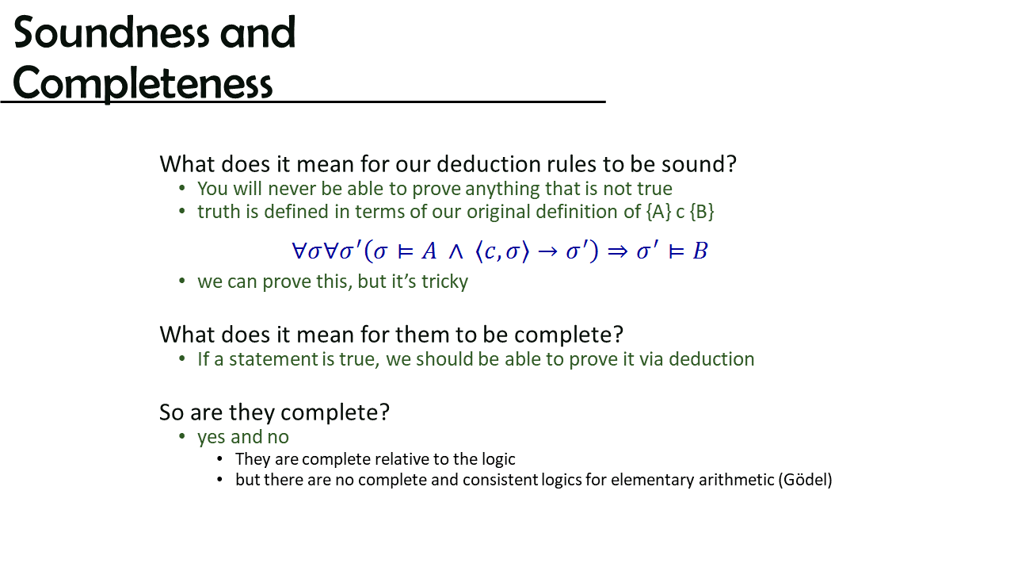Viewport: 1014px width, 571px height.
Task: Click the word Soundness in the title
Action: tap(112, 33)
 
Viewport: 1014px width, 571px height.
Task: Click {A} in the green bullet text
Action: tap(658, 212)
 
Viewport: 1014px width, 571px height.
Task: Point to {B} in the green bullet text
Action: tap(702, 212)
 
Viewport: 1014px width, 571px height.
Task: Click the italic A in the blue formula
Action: tap(429, 251)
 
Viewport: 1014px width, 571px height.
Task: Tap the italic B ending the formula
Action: tap(700, 251)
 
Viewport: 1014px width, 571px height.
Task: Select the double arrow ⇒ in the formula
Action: tap(617, 252)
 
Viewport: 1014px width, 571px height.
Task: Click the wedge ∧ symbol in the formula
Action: tap(456, 252)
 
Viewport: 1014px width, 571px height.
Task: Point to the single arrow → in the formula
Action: tap(547, 252)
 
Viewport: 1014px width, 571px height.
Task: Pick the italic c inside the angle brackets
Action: tap(490, 252)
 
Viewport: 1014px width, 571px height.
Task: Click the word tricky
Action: tap(444, 282)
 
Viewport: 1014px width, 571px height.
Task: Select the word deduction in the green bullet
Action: tap(711, 359)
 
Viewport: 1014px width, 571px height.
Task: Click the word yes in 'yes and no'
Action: tap(211, 438)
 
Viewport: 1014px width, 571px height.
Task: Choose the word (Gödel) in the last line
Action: tap(805, 480)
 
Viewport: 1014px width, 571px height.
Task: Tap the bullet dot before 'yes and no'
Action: tap(182, 436)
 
